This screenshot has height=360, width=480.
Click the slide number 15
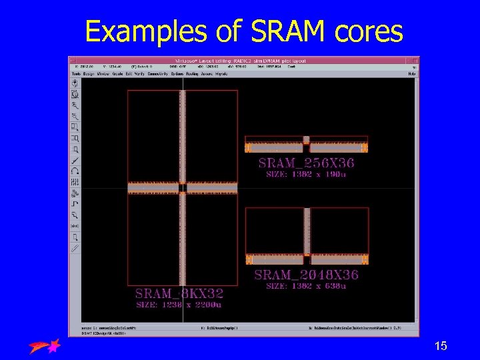click(x=441, y=346)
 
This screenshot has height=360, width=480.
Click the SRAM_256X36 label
click(x=306, y=163)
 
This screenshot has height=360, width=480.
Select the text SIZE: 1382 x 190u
click(x=306, y=174)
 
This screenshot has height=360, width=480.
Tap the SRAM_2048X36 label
click(x=306, y=275)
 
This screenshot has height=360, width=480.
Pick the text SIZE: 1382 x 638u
click(x=306, y=286)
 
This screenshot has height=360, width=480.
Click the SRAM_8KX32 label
click(x=179, y=293)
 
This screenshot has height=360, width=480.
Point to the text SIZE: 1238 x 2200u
click(x=179, y=305)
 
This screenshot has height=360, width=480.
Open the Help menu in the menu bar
click(x=412, y=74)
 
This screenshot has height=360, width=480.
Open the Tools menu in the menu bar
click(x=76, y=74)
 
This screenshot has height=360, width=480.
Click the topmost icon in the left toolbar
click(x=75, y=83)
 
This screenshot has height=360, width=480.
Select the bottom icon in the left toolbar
click(x=75, y=248)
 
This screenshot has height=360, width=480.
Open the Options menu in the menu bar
click(x=177, y=74)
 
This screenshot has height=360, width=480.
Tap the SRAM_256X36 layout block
click(x=306, y=145)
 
